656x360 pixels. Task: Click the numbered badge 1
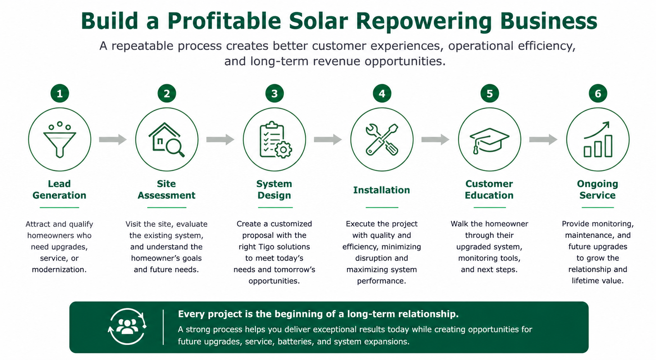pyautogui.click(x=60, y=93)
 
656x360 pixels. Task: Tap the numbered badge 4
pyautogui.click(x=382, y=93)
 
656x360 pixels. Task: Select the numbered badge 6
pyautogui.click(x=598, y=93)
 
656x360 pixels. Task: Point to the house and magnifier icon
pyautogui.click(x=167, y=140)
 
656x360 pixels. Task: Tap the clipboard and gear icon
pyautogui.click(x=275, y=140)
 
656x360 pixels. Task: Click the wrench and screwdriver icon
pyautogui.click(x=382, y=140)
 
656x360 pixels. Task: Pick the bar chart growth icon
pyautogui.click(x=598, y=140)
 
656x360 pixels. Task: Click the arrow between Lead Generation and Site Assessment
pyautogui.click(x=113, y=140)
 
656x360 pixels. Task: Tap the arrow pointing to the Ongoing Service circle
pyautogui.click(x=543, y=140)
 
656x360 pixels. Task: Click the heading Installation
pyautogui.click(x=382, y=190)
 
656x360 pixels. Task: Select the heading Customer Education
pyautogui.click(x=489, y=189)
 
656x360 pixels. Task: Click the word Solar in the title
pyautogui.click(x=319, y=21)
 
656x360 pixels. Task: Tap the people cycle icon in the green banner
pyautogui.click(x=127, y=327)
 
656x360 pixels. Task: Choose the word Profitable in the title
pyautogui.click(x=224, y=21)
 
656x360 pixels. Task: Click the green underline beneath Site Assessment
pyautogui.click(x=167, y=207)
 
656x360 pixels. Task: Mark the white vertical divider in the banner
pyautogui.click(x=163, y=327)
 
